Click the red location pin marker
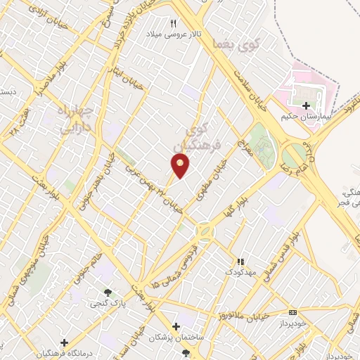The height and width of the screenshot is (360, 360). tap(181, 165)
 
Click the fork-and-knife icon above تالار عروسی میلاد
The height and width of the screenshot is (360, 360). tap(173, 22)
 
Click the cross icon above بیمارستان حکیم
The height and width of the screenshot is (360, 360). tap(305, 105)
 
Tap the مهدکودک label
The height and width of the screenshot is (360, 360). tap(239, 270)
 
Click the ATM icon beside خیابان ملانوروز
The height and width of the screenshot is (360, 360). tap(293, 312)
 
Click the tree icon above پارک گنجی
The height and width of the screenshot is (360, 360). tap(107, 292)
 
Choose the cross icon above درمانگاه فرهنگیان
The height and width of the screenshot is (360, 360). tap(64, 342)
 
